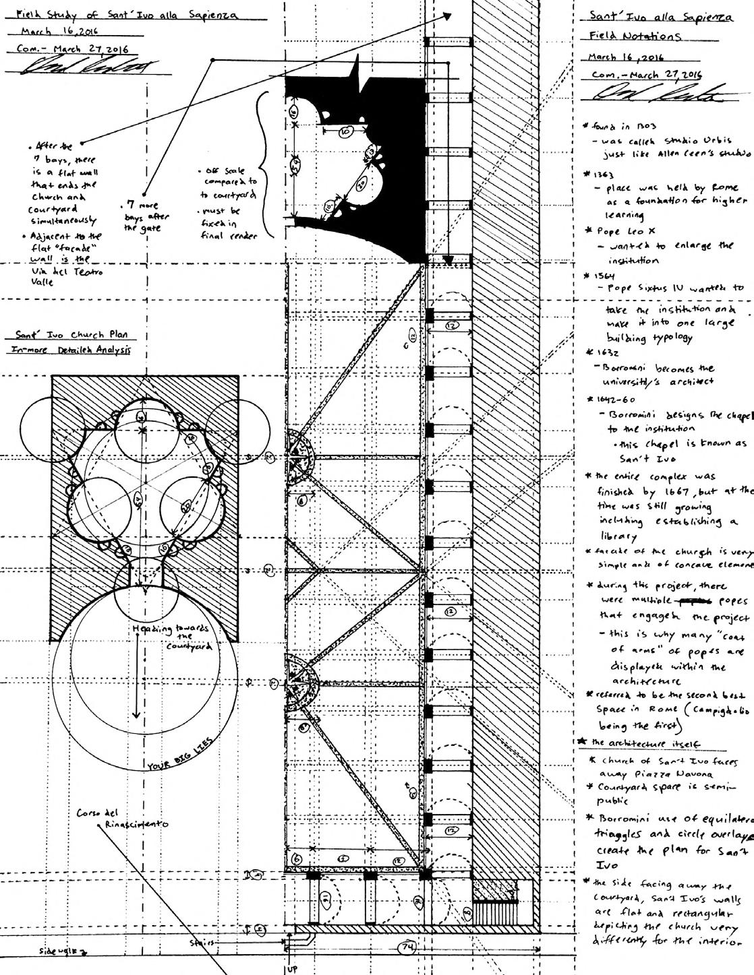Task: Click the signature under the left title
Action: (86, 68)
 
